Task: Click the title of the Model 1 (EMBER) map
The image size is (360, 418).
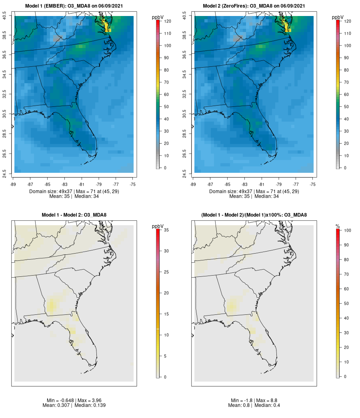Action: pyautogui.click(x=74, y=6)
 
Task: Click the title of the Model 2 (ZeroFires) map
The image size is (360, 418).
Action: pyautogui.click(x=254, y=6)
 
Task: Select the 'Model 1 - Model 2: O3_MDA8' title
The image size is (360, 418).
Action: pyautogui.click(x=74, y=215)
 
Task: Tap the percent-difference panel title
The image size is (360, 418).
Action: pyautogui.click(x=254, y=215)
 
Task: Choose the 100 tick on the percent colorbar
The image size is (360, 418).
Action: pyautogui.click(x=347, y=230)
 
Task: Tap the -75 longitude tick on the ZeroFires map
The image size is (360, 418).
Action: pyautogui.click(x=313, y=184)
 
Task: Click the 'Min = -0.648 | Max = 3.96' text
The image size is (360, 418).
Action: pyautogui.click(x=74, y=400)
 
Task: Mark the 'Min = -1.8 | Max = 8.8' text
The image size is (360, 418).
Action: pyautogui.click(x=254, y=400)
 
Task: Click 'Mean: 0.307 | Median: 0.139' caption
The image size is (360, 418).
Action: pyautogui.click(x=74, y=406)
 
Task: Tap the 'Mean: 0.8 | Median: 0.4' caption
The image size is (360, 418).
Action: pyautogui.click(x=254, y=406)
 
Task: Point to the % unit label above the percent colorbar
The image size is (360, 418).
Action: pyautogui.click(x=338, y=226)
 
